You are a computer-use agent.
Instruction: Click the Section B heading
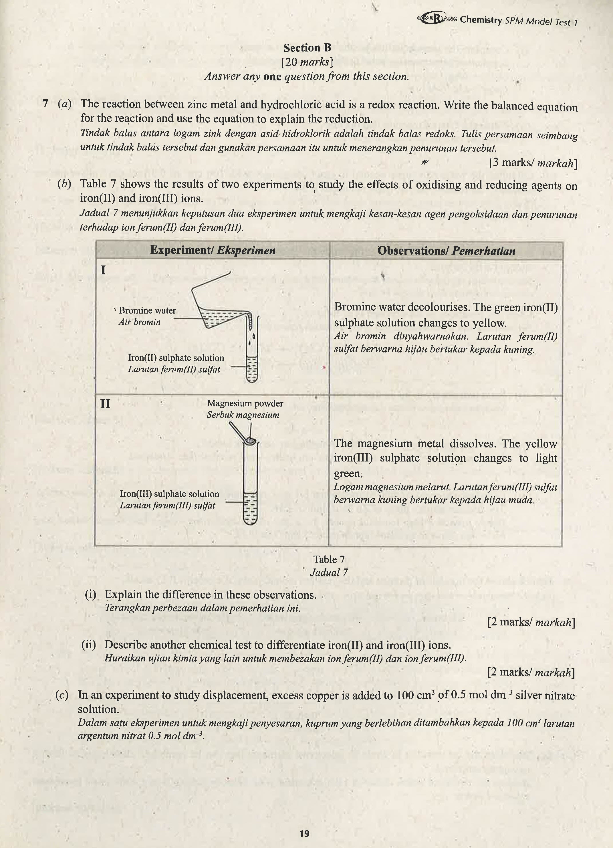point(307,48)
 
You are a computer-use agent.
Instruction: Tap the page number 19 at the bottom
point(304,833)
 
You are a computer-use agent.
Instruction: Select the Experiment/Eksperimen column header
point(213,250)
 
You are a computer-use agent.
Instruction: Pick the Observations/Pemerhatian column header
point(446,251)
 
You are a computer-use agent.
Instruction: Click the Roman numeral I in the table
point(103,270)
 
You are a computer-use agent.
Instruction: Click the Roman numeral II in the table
point(105,404)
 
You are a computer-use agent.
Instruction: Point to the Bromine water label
point(147,310)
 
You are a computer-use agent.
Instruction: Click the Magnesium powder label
point(245,403)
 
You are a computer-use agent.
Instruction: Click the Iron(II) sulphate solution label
point(176,358)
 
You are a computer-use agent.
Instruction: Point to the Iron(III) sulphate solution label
point(169,494)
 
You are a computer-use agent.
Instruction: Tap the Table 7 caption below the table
point(329,559)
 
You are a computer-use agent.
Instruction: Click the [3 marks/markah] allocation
point(533,163)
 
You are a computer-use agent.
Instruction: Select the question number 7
point(45,104)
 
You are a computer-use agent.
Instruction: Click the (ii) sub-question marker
point(89,645)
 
